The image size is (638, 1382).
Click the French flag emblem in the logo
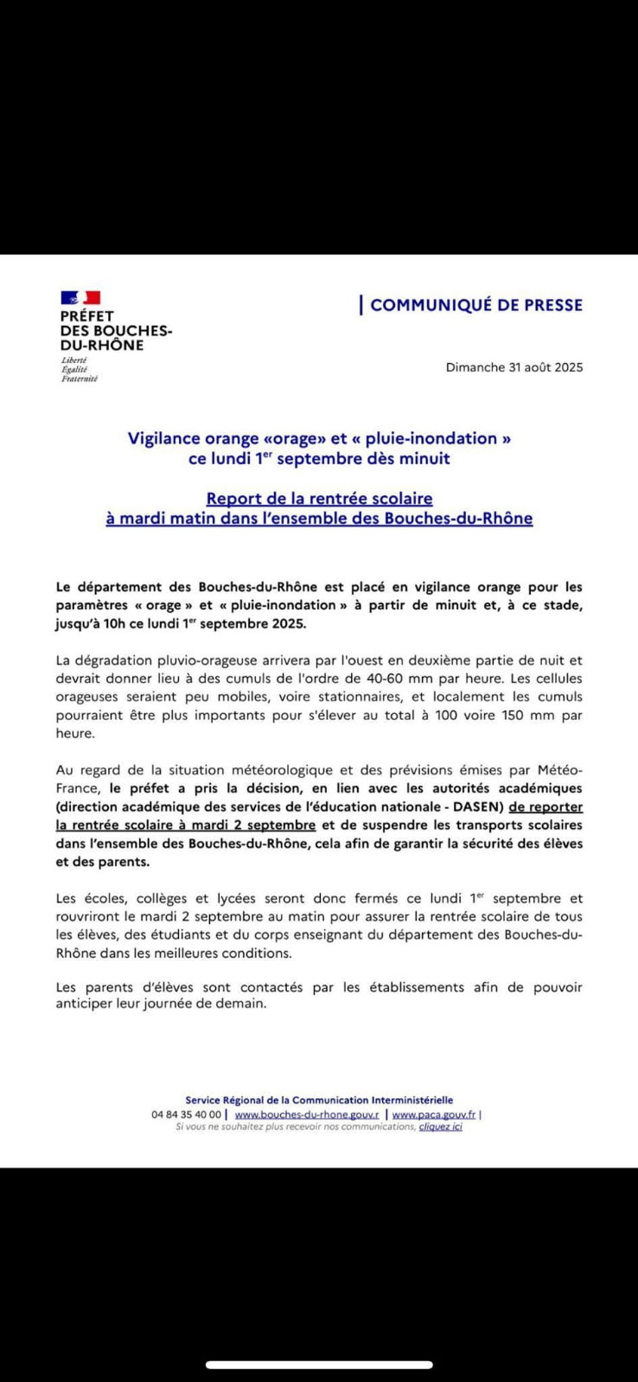80,298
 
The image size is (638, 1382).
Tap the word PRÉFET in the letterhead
86,316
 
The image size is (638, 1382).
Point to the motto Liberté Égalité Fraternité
79,369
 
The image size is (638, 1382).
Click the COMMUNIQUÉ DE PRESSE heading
476,305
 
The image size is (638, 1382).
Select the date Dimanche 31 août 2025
514,367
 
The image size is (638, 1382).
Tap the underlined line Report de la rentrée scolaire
319,499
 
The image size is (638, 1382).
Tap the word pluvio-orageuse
197,659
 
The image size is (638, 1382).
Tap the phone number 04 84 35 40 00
186,1115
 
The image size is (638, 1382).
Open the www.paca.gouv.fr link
434,1115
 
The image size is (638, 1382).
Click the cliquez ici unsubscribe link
441,1127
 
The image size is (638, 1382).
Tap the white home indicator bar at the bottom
319,1366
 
